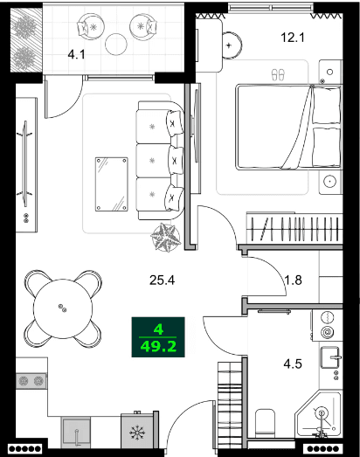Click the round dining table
(x=62, y=307)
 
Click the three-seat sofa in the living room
(x=161, y=161)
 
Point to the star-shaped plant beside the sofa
(x=164, y=237)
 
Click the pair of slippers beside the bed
(x=279, y=74)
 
